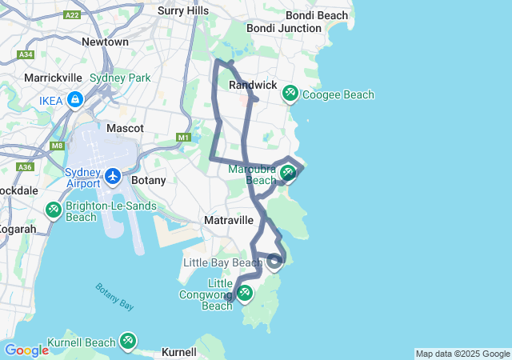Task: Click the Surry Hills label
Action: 183,10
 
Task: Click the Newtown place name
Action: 105,42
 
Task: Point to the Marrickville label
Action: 54,78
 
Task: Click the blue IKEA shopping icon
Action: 74,100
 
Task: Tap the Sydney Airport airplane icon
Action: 113,175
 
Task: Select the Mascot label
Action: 125,128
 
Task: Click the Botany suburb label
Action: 149,180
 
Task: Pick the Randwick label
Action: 253,85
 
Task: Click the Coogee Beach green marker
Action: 290,94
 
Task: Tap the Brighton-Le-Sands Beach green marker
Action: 53,210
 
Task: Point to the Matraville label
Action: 229,219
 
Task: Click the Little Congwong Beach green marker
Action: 245,294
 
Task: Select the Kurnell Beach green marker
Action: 127,342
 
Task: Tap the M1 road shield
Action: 184,138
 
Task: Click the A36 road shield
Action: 25,167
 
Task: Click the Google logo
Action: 26,350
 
